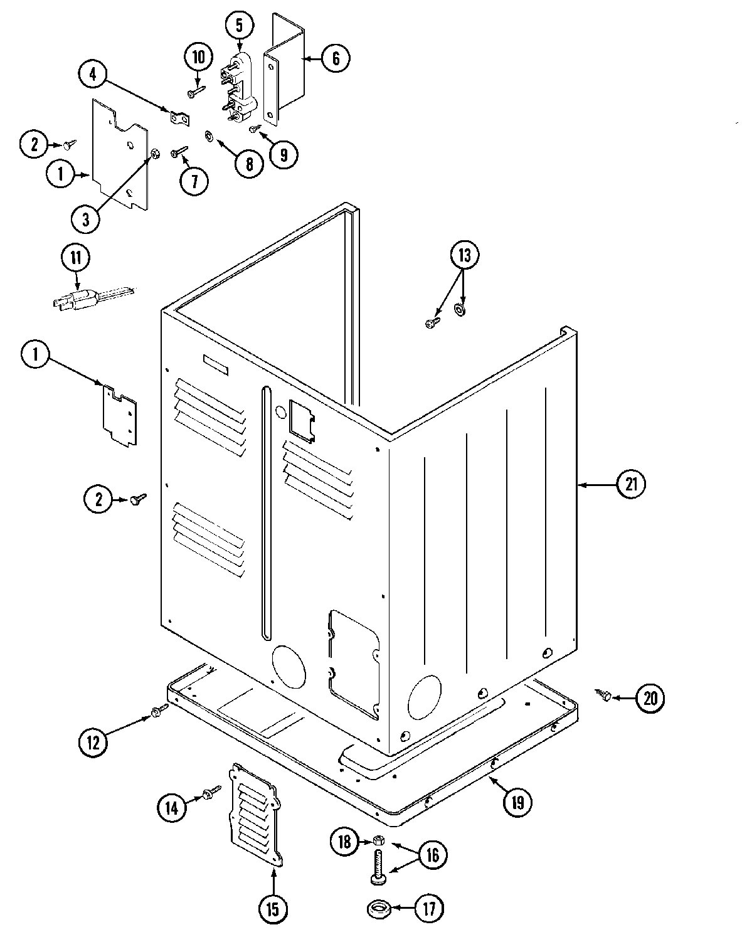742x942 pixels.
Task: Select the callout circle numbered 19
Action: (x=517, y=802)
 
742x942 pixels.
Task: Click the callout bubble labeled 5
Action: (x=240, y=26)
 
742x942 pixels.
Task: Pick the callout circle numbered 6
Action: (x=336, y=58)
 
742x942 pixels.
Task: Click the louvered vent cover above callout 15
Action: (x=255, y=813)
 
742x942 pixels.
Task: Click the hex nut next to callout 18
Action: (x=378, y=841)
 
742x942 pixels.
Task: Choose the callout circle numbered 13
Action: (x=465, y=255)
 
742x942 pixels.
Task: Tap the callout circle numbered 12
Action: (x=93, y=742)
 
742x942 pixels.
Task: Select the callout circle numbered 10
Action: (x=198, y=58)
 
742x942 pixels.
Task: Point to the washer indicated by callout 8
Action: (x=208, y=135)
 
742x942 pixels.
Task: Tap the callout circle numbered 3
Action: (x=85, y=220)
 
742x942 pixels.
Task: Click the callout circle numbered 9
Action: (x=284, y=154)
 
